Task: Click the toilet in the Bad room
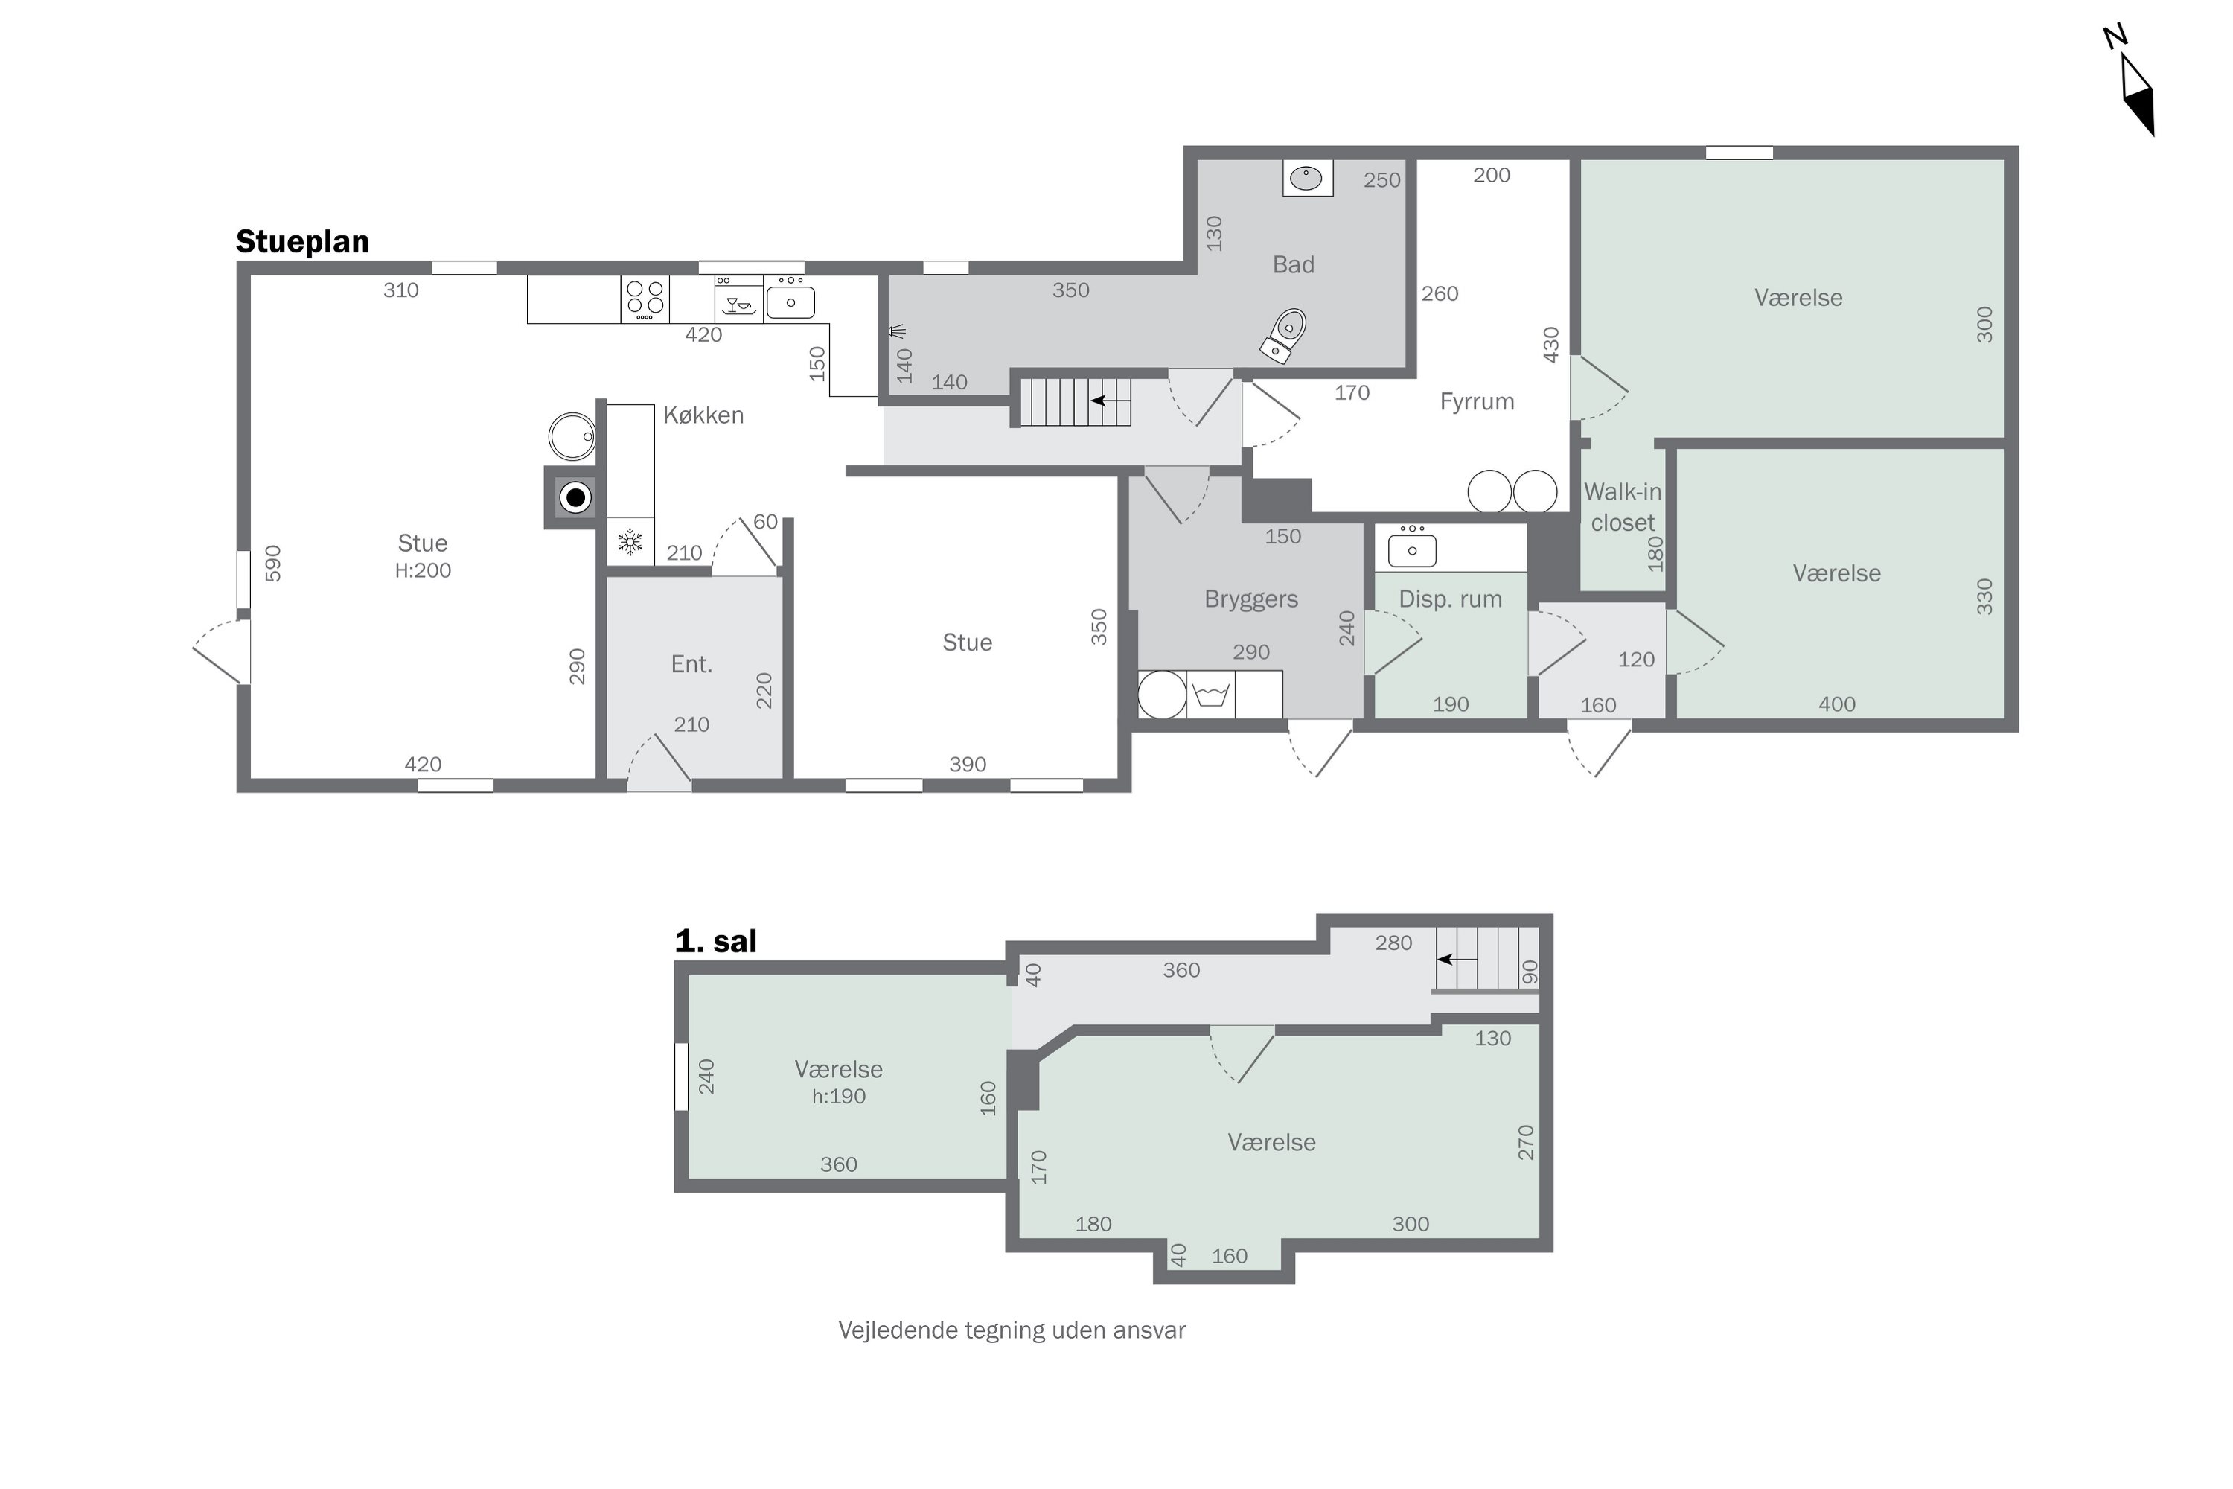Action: coord(1285,337)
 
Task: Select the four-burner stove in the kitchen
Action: coord(645,299)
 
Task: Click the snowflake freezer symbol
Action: coord(630,542)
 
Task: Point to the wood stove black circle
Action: coord(575,497)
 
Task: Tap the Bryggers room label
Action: coord(1250,599)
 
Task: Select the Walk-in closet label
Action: coord(1623,507)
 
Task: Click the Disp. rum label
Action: coord(1450,599)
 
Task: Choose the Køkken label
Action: coord(703,415)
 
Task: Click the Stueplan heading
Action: coord(302,241)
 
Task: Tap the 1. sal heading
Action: coord(716,941)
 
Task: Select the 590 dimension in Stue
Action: coord(273,563)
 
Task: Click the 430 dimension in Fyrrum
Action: coord(1550,345)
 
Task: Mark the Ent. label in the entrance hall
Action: coord(691,665)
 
